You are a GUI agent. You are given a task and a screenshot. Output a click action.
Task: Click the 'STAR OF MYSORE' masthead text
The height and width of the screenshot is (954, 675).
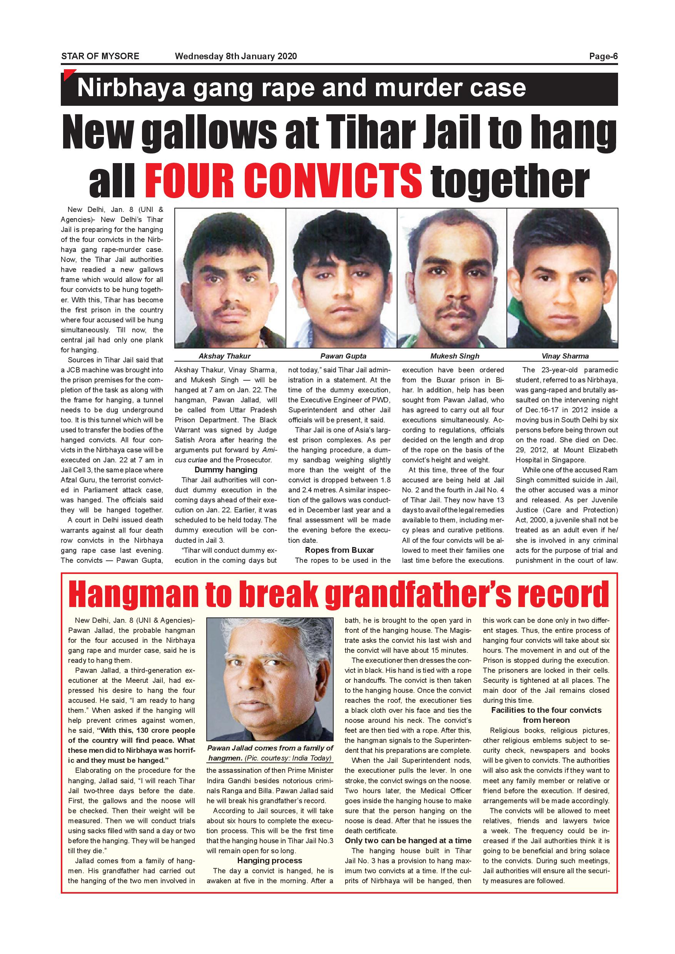coord(100,56)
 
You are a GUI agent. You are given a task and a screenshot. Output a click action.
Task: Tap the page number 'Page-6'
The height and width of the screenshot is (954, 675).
coord(603,56)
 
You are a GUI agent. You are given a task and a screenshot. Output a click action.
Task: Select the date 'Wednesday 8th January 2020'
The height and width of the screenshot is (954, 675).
coord(236,56)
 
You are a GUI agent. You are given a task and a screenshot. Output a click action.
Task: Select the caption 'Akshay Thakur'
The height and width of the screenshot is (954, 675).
coord(224,356)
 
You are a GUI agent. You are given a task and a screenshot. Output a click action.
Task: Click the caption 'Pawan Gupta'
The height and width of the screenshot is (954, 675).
coord(343,356)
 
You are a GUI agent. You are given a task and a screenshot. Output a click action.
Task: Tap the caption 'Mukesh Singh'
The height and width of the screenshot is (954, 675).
coord(455,356)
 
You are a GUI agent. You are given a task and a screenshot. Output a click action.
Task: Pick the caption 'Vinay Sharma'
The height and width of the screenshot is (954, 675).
coord(565,356)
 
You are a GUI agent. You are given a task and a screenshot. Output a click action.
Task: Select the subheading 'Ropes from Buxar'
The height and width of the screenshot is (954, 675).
coord(339,550)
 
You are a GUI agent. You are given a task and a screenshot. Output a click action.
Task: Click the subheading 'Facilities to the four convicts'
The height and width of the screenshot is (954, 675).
coord(546,710)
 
